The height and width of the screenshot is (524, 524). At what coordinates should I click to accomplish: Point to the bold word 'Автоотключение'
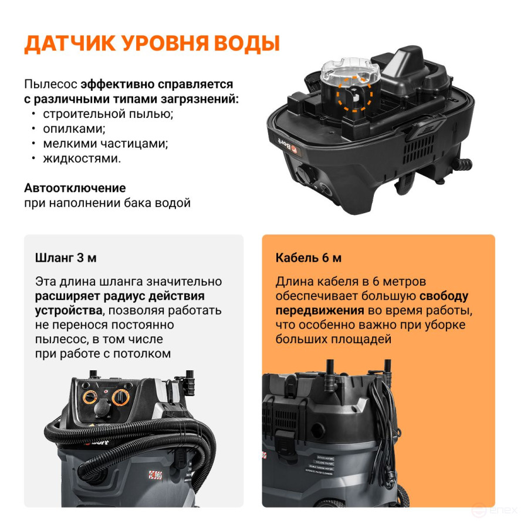click(75, 188)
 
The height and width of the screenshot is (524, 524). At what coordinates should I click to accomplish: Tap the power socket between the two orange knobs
click(105, 408)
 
